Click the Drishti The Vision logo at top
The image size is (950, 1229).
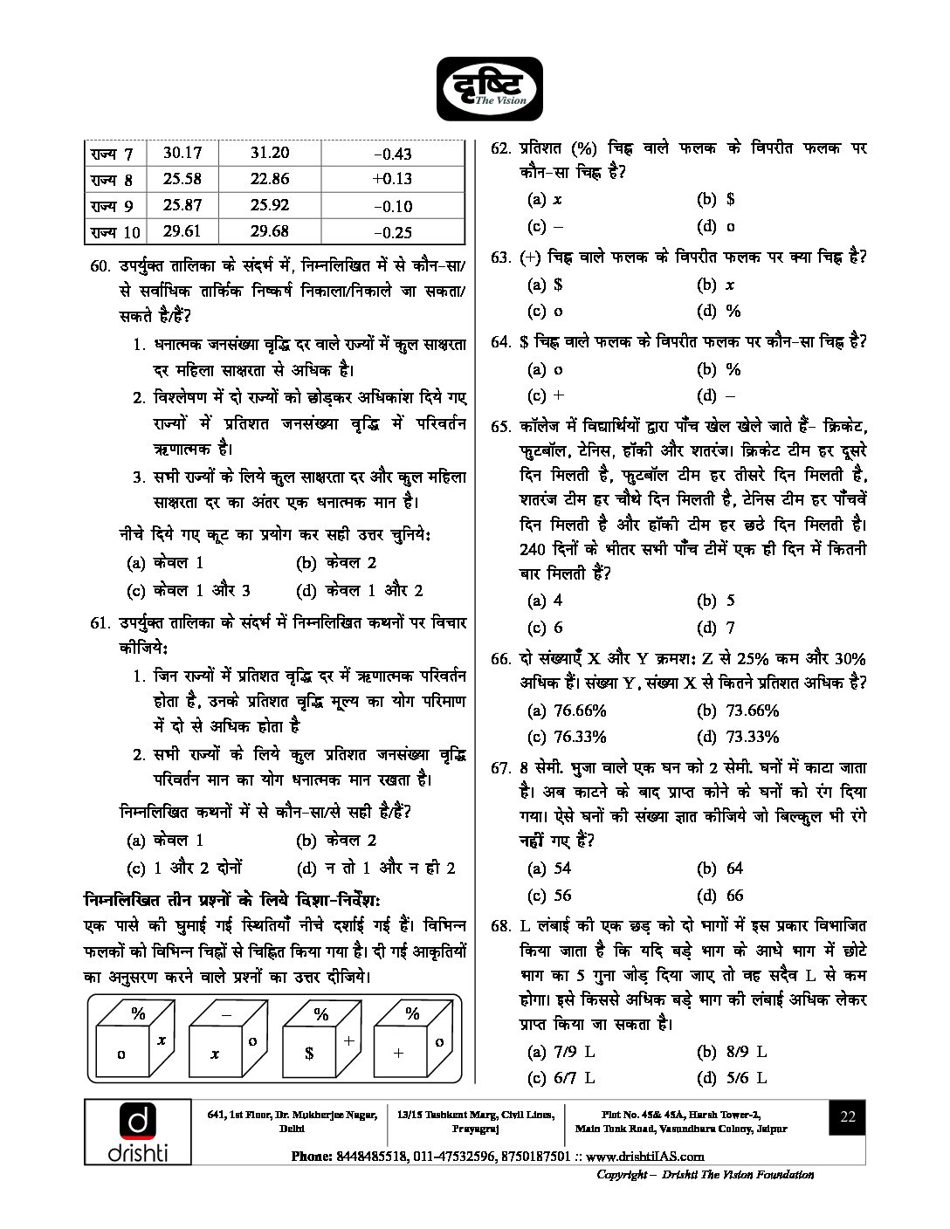490,86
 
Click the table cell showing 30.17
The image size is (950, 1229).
182,153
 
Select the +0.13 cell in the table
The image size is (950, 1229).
391,179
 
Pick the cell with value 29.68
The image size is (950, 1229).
269,231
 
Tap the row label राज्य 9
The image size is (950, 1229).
112,206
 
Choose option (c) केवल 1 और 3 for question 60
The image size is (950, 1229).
189,591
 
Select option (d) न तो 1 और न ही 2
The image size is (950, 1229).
376,868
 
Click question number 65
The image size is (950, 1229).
500,427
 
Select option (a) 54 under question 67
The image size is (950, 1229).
549,869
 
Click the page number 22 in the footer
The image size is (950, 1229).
847,1117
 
